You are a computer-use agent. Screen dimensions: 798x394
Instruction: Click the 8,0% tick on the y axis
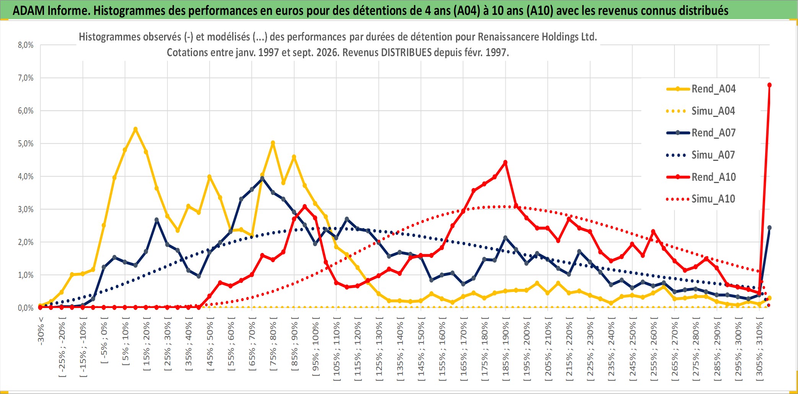[x=26, y=45]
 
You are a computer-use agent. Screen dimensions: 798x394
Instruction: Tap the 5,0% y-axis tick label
[x=26, y=144]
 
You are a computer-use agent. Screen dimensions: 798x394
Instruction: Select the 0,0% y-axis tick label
[x=26, y=308]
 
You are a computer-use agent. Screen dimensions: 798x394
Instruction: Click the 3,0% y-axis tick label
[x=26, y=209]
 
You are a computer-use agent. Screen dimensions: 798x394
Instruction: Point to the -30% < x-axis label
[x=41, y=331]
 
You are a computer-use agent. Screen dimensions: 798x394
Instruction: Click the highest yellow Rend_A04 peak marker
[x=135, y=129]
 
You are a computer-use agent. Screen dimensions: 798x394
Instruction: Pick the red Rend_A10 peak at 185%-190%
[x=505, y=162]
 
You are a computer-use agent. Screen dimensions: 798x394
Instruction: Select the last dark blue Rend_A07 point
[x=769, y=228]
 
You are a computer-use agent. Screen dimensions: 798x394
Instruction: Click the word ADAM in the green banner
[x=29, y=11]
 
